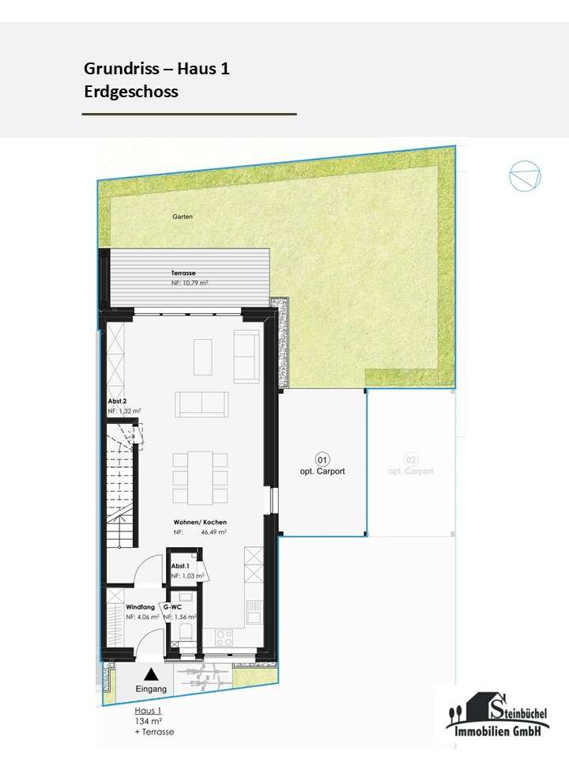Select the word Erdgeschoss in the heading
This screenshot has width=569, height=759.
(x=131, y=92)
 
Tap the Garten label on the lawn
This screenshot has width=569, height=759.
(x=183, y=216)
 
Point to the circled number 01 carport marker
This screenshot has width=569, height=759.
(x=322, y=459)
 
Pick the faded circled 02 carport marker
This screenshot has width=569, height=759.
(x=410, y=459)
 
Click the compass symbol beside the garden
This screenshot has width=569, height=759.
(x=525, y=176)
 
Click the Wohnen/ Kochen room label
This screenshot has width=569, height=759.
(x=201, y=523)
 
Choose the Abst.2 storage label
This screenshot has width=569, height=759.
(x=118, y=401)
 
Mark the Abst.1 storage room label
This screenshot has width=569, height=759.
(x=180, y=566)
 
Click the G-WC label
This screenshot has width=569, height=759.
(x=173, y=606)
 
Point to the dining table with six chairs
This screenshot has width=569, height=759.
(x=200, y=478)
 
